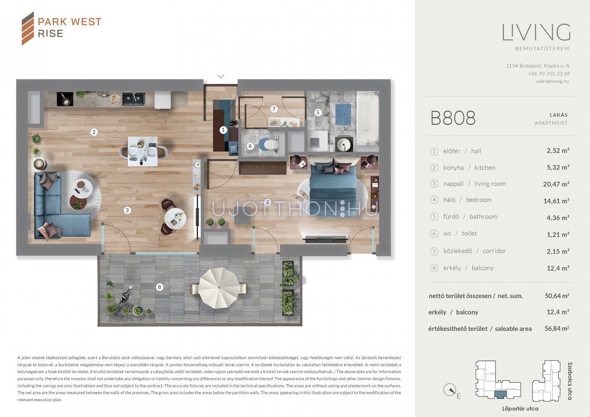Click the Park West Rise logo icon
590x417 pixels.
pyautogui.click(x=28, y=28)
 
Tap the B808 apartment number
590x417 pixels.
pyautogui.click(x=453, y=118)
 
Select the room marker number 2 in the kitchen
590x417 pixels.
pyautogui.click(x=94, y=132)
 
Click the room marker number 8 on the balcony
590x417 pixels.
pyautogui.click(x=159, y=287)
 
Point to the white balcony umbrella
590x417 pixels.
pyautogui.click(x=219, y=288)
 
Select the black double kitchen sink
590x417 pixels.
pyautogui.click(x=134, y=99)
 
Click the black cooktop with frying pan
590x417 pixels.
pyautogui.click(x=65, y=99)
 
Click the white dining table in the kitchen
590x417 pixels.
pyautogui.click(x=143, y=151)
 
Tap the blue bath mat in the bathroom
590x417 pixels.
pyautogui.click(x=343, y=114)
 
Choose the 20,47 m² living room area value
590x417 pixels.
pyautogui.click(x=556, y=184)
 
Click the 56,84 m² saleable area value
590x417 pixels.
pyautogui.click(x=557, y=328)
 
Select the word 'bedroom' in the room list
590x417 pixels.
pyautogui.click(x=479, y=200)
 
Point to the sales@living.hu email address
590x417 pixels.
pyautogui.click(x=553, y=81)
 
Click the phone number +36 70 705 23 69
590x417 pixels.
pyautogui.click(x=549, y=74)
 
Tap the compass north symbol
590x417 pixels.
pyautogui.click(x=450, y=390)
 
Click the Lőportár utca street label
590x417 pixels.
pyautogui.click(x=520, y=409)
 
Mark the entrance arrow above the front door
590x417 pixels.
pyautogui.click(x=221, y=76)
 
